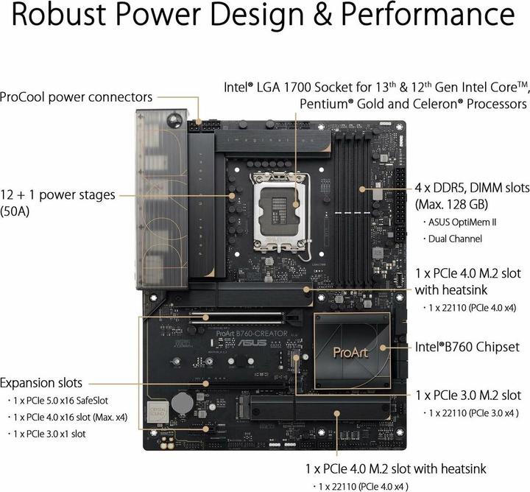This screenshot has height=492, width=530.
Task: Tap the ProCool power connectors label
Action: click(x=77, y=96)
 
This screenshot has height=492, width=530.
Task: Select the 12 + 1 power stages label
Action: click(x=58, y=195)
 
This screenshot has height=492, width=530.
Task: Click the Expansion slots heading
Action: click(x=41, y=383)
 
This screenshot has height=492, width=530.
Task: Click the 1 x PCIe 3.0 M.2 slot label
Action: click(x=468, y=396)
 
